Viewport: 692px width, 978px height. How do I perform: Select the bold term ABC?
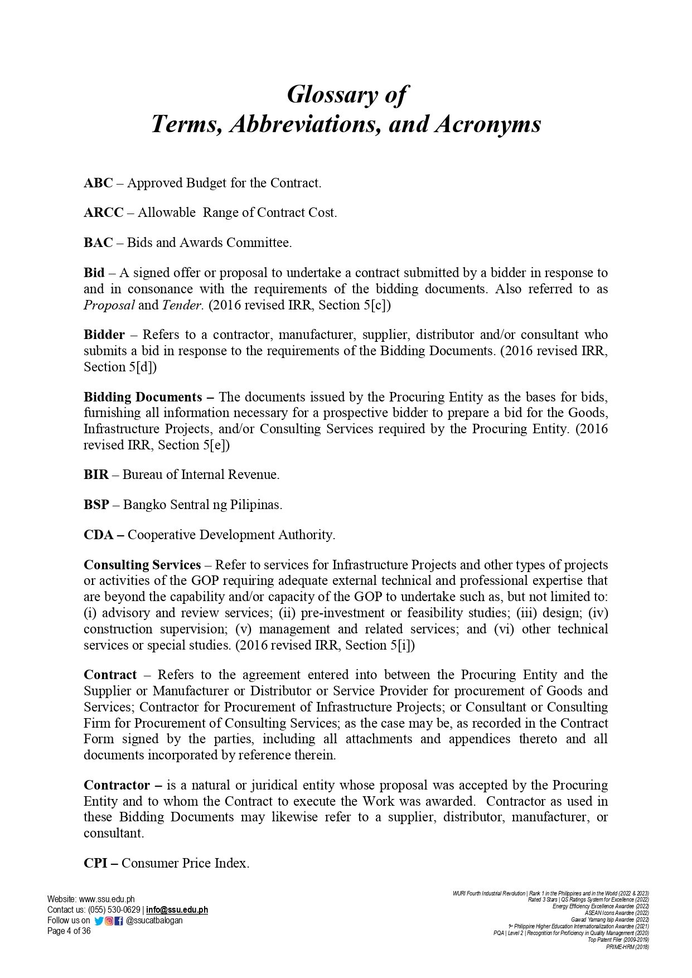98,183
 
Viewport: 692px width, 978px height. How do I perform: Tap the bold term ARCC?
103,212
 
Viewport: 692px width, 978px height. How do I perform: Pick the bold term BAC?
98,243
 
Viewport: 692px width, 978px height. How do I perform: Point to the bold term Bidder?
104,335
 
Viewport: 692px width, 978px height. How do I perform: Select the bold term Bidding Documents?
143,397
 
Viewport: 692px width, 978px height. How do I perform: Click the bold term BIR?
96,475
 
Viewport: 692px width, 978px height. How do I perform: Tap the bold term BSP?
96,505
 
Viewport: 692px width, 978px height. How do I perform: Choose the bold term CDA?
99,535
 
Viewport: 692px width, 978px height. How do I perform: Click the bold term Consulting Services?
142,565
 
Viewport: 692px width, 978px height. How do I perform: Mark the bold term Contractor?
117,785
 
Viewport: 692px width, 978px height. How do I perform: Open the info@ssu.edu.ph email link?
177,909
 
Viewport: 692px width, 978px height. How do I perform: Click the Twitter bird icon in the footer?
99,921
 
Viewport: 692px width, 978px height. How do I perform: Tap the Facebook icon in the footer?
119,921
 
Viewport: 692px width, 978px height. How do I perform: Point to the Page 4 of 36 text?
69,931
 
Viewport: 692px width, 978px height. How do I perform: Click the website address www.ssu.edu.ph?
107,899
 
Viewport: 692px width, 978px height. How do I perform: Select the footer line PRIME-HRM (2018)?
627,947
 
